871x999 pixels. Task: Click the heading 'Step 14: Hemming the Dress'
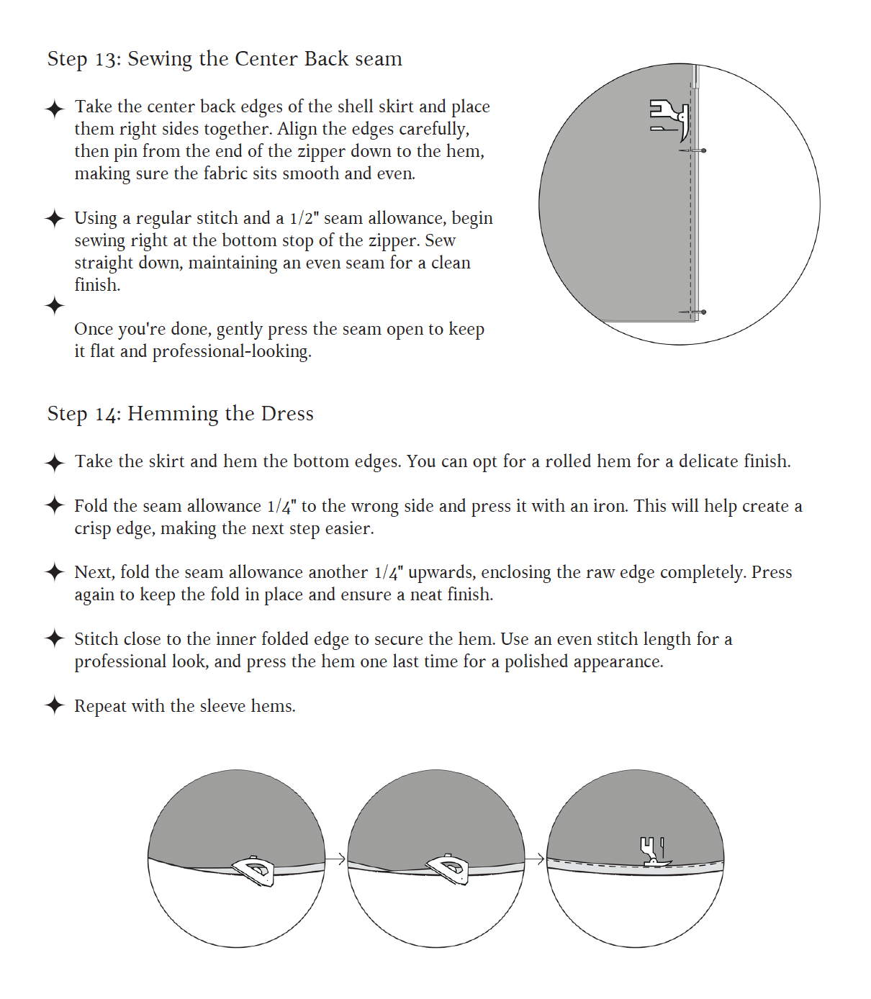(180, 414)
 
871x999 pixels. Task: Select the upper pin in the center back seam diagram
(692, 151)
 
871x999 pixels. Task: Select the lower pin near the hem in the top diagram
(692, 312)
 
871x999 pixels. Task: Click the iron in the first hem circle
(253, 871)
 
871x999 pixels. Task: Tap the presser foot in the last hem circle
(654, 852)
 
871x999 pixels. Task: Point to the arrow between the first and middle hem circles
(335, 859)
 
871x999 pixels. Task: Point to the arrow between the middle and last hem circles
(534, 859)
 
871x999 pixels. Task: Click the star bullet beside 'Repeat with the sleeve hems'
(54, 705)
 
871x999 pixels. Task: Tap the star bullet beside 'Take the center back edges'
(54, 109)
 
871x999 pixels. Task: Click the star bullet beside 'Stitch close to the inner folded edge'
(54, 638)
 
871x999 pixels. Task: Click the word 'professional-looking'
(232, 352)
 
